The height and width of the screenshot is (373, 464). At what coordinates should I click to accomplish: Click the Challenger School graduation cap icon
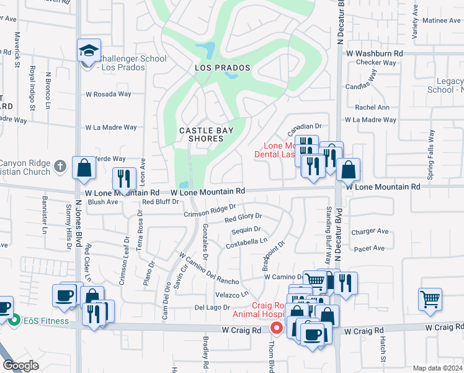click(x=89, y=50)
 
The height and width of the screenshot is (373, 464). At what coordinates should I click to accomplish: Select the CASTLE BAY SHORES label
click(x=201, y=134)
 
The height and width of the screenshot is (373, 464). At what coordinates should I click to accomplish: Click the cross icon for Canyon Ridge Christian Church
click(x=59, y=166)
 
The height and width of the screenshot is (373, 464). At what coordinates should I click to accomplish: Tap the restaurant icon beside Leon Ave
click(x=124, y=178)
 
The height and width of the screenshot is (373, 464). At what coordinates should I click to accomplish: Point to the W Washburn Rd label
click(x=375, y=54)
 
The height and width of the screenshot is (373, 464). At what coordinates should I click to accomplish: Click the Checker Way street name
click(x=377, y=63)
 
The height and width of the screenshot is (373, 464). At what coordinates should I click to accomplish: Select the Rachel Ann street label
click(x=372, y=108)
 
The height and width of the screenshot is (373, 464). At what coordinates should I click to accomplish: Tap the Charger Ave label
click(x=370, y=232)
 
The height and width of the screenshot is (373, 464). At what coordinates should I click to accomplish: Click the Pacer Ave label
click(x=369, y=249)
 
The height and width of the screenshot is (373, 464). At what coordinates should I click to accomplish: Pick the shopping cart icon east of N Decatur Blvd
click(x=430, y=299)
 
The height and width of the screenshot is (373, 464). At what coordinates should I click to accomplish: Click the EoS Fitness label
click(x=41, y=321)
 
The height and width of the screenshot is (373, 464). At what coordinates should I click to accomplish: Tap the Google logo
click(x=21, y=366)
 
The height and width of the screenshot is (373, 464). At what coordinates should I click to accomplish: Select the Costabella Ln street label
click(x=246, y=241)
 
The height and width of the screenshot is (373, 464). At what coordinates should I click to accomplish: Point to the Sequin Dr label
click(x=246, y=229)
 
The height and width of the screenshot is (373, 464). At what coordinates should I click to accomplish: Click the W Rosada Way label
click(x=109, y=94)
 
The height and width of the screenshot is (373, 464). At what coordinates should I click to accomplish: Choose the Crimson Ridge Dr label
click(x=210, y=211)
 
